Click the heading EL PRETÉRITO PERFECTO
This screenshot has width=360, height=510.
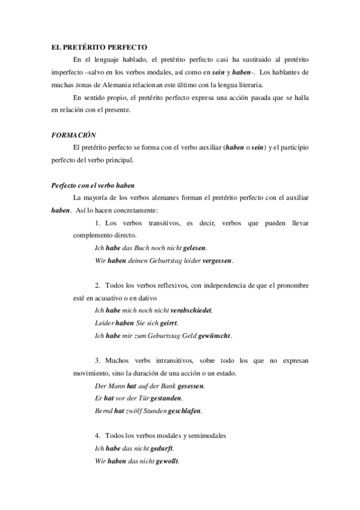(99, 46)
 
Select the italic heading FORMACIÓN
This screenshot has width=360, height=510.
(73, 136)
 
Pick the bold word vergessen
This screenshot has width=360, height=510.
(216, 260)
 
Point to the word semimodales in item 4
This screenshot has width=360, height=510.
(204, 435)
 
